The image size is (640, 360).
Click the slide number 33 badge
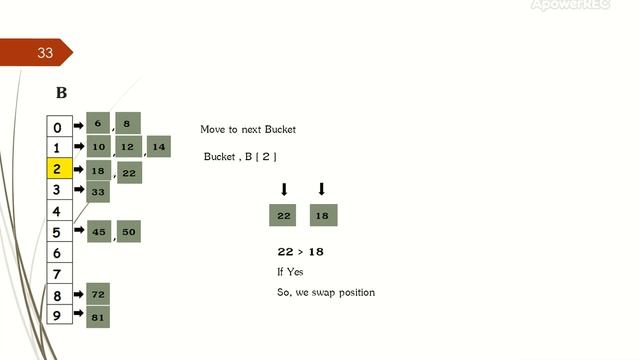point(44,53)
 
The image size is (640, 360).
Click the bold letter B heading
point(61,93)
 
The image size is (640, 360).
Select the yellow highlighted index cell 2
point(58,169)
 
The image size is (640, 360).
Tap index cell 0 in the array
point(58,127)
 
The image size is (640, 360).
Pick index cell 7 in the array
point(58,274)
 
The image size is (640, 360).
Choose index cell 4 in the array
point(58,211)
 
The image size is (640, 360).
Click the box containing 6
point(98,123)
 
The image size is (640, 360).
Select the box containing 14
point(158,147)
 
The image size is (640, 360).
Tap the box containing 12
point(127,147)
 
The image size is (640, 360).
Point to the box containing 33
point(98,191)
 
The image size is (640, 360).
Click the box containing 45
point(98,232)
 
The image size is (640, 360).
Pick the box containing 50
point(128,232)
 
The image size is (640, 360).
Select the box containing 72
point(98,295)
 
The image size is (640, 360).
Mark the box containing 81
point(98,317)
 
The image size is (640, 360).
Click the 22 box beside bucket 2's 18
point(129,173)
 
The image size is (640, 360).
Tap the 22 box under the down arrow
point(283,215)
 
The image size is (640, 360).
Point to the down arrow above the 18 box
point(321,189)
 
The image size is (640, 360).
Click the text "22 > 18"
point(300,252)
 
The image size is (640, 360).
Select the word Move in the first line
point(212,130)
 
